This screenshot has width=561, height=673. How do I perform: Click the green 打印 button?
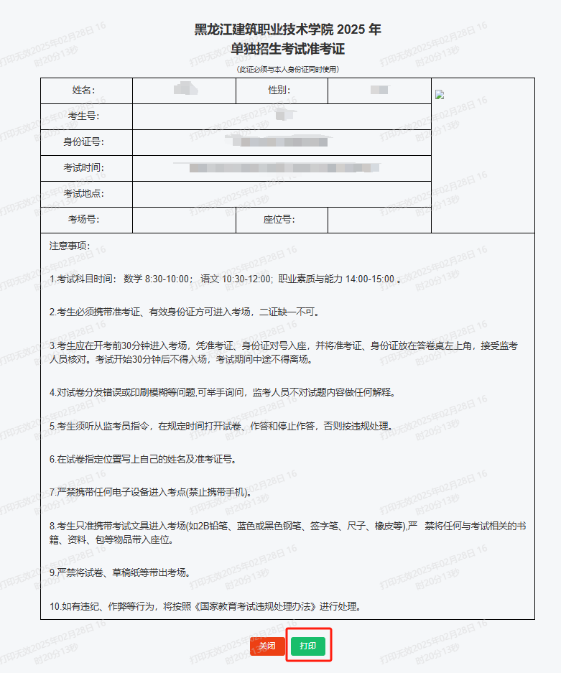[308, 646]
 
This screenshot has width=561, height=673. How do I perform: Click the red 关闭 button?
[267, 646]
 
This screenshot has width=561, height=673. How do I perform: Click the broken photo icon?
[440, 95]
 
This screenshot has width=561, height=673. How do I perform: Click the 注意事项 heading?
[70, 246]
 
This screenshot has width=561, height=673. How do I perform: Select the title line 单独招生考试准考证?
[287, 49]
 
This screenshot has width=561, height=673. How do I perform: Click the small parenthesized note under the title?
[287, 69]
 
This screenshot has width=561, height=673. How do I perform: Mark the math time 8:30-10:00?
[167, 279]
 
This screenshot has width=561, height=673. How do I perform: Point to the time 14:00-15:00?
[369, 279]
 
